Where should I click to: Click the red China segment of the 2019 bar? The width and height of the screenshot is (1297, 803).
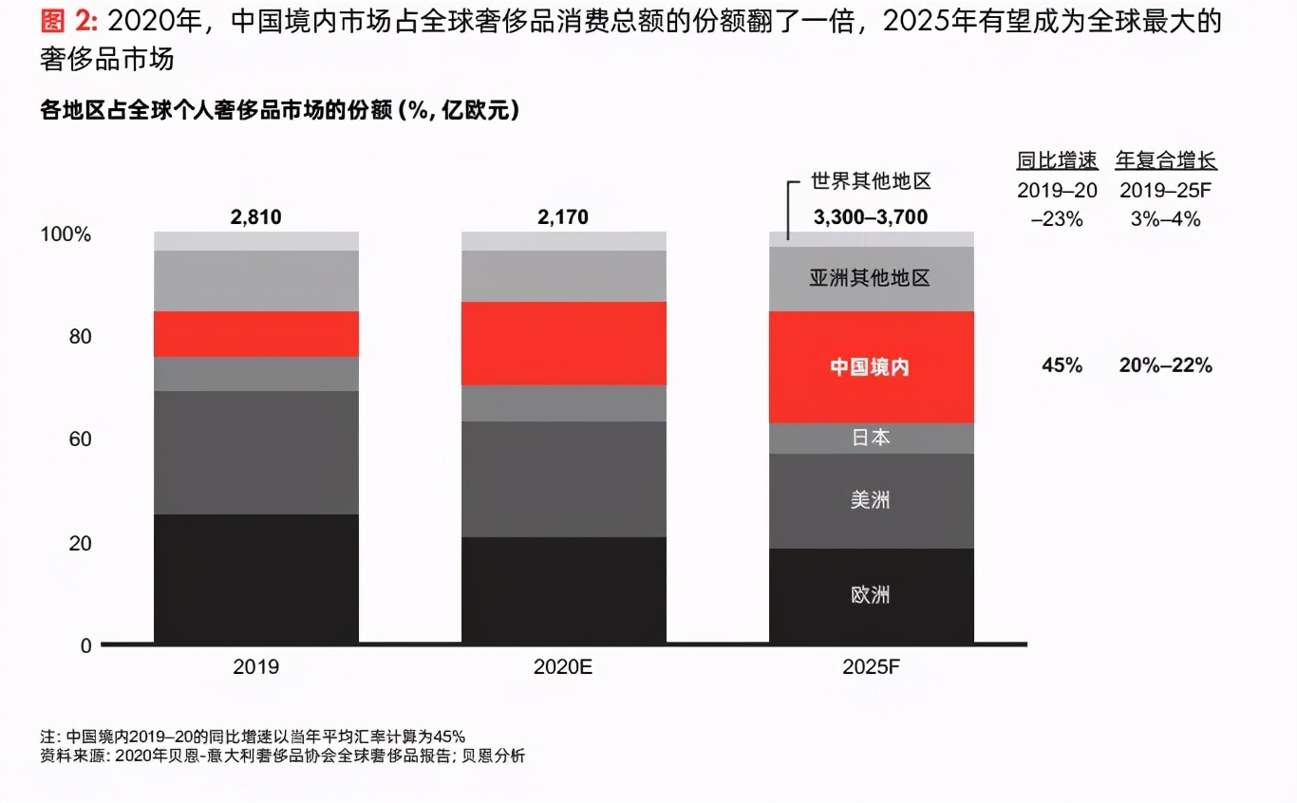tap(256, 334)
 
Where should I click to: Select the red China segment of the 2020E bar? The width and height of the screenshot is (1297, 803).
tap(563, 344)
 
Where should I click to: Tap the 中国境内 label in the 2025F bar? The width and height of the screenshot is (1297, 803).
tap(870, 366)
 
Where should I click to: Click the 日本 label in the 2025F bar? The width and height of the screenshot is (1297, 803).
tap(870, 438)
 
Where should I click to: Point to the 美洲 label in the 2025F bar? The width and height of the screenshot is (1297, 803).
tap(870, 499)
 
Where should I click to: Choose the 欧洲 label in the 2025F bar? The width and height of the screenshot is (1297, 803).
tap(870, 595)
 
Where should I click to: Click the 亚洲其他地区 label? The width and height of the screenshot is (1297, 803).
tap(870, 278)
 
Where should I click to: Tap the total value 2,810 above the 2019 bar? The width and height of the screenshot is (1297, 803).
tap(256, 217)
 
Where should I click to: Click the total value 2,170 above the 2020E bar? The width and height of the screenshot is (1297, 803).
tap(563, 217)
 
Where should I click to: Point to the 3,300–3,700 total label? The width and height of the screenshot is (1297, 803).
tap(870, 217)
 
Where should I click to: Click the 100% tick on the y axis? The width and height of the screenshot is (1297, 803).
tap(66, 234)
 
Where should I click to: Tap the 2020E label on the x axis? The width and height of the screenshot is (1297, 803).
tap(563, 667)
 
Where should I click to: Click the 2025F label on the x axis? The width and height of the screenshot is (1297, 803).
tap(870, 667)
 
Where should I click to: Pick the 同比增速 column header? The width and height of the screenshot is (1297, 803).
tap(1057, 160)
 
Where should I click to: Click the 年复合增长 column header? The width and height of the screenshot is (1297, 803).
tap(1166, 160)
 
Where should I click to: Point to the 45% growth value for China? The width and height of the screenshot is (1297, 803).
tap(1062, 366)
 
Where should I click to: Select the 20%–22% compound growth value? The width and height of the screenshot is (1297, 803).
tap(1165, 366)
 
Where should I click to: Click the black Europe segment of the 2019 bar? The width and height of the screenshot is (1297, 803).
tap(256, 579)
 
